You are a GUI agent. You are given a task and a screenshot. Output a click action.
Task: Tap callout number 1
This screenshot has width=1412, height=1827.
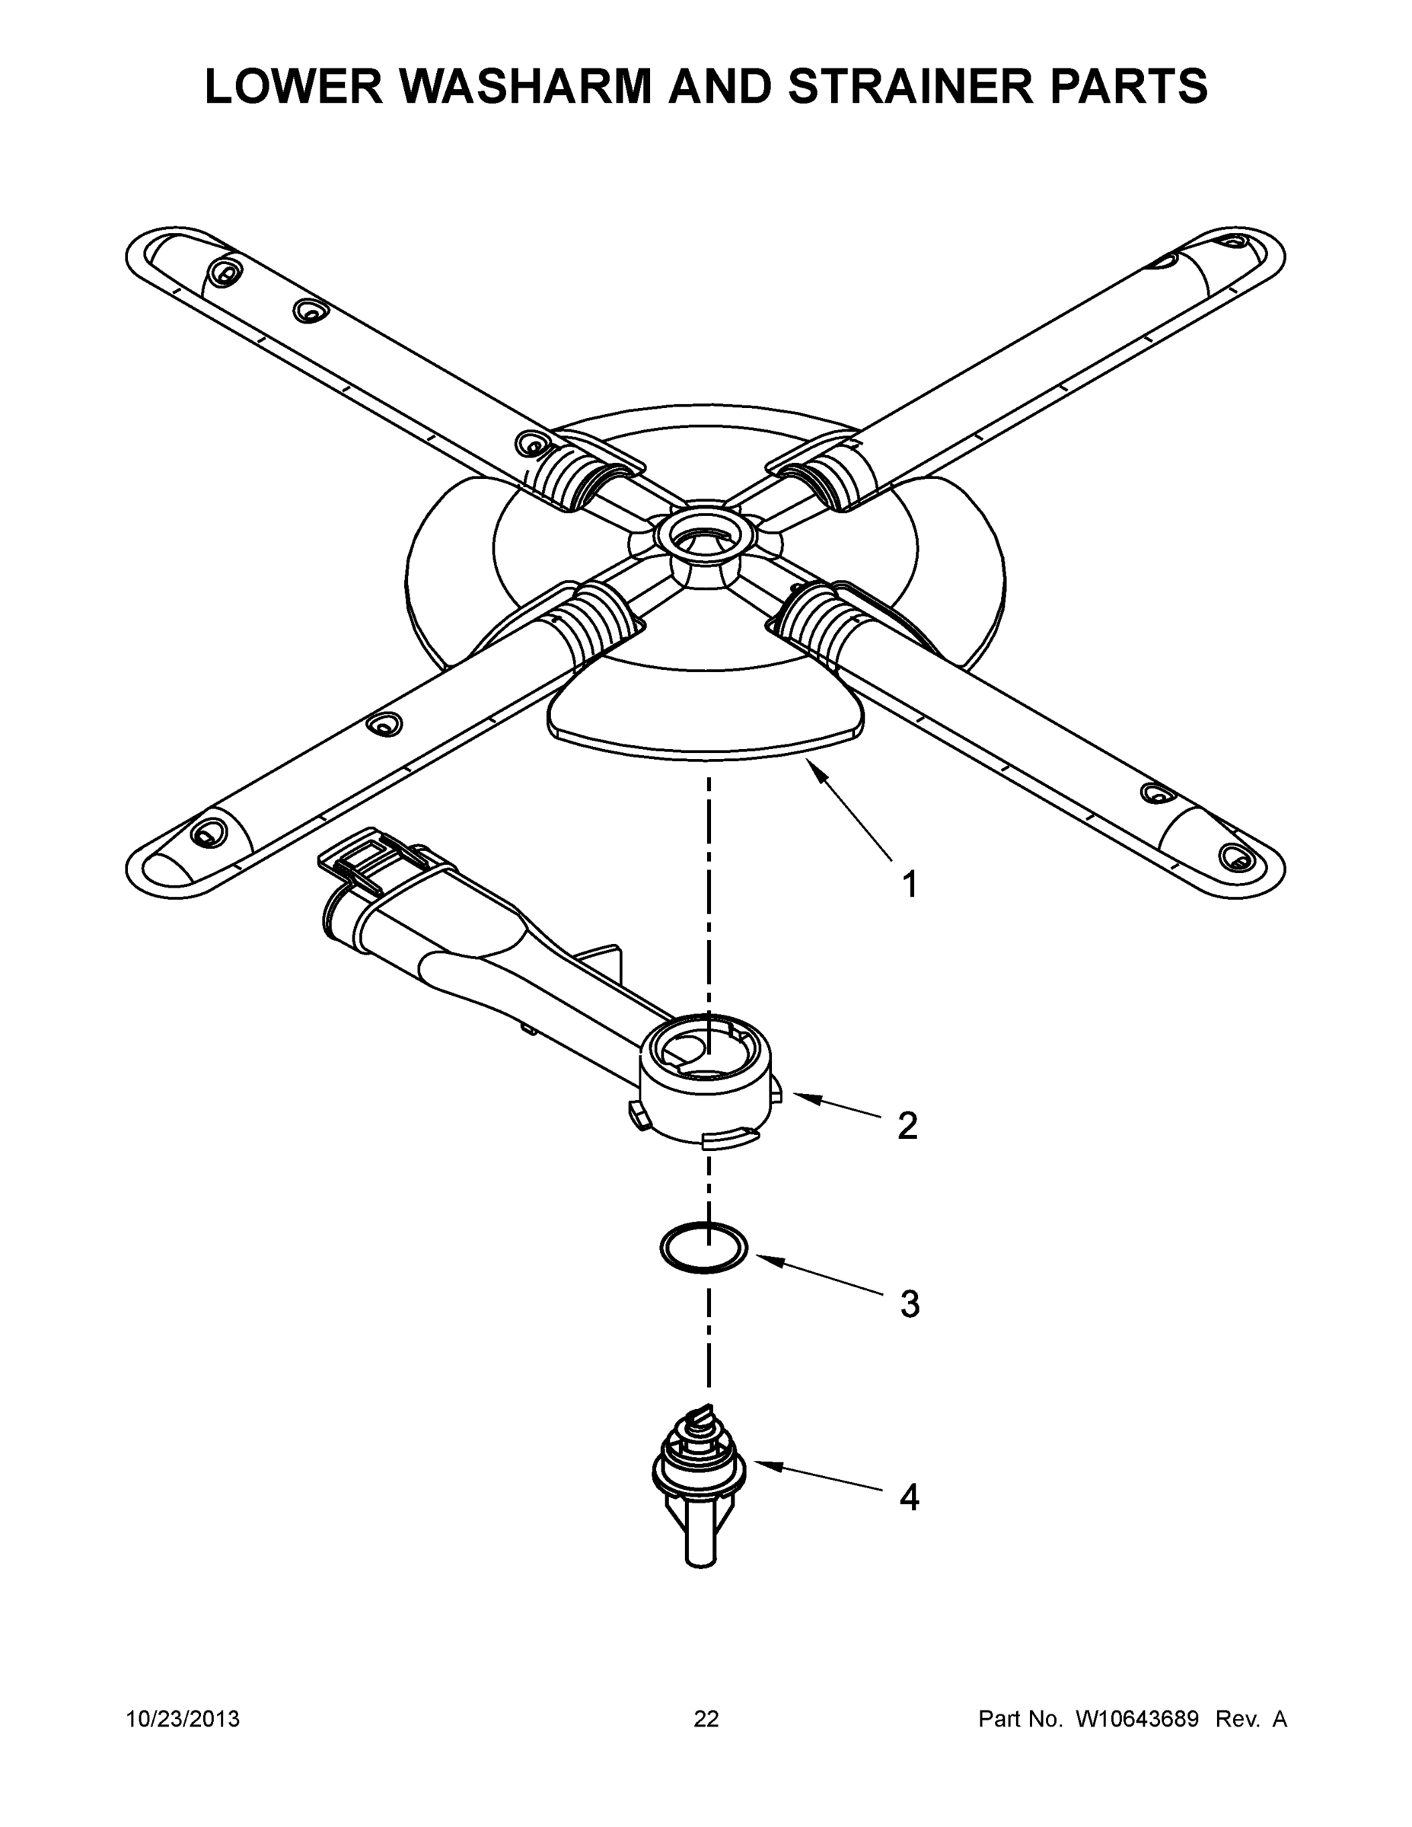point(910,885)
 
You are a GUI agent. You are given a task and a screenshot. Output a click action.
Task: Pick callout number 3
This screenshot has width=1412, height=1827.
point(910,1304)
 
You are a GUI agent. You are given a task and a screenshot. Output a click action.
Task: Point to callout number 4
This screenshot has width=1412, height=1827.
point(910,1497)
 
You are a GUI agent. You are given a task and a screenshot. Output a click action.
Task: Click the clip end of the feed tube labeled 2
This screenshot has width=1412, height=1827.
point(368,870)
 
